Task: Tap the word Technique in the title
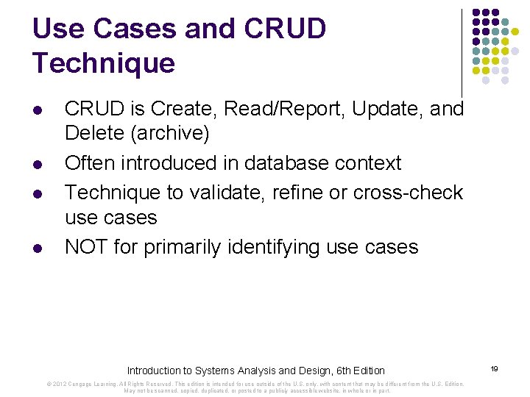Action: point(104,63)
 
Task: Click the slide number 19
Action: point(495,368)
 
